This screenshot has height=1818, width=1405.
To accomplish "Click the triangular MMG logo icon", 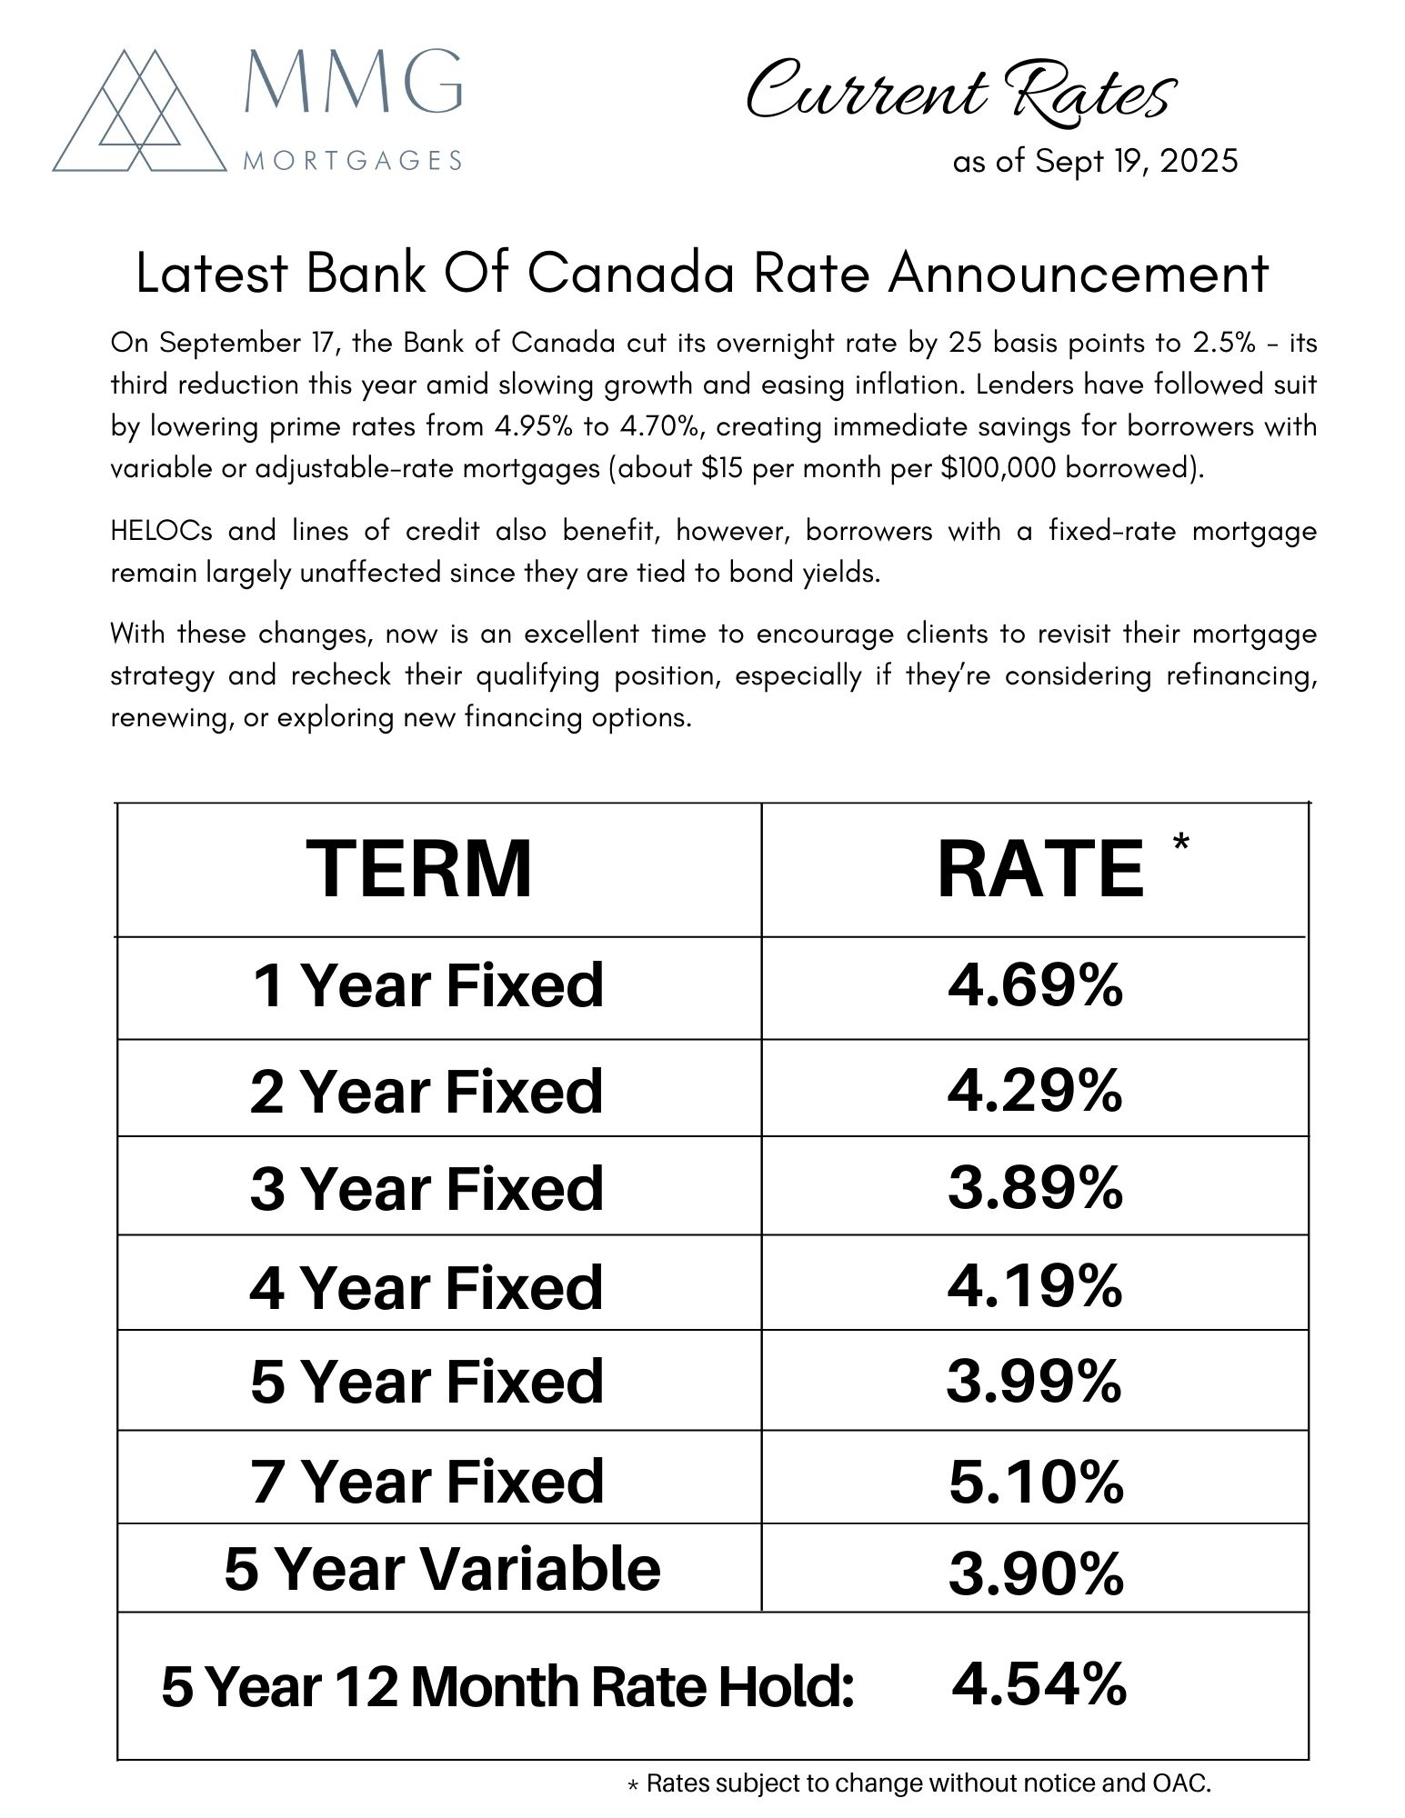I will pyautogui.click(x=139, y=110).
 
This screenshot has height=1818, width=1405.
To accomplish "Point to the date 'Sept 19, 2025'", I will pyautogui.click(x=1136, y=161).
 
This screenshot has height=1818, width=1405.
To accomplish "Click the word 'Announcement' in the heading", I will pyautogui.click(x=1079, y=273).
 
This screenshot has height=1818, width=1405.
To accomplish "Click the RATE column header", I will pyautogui.click(x=1040, y=869).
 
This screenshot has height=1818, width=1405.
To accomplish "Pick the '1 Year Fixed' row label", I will pyautogui.click(x=427, y=985).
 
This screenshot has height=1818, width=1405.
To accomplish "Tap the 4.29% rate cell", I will pyautogui.click(x=1035, y=1090).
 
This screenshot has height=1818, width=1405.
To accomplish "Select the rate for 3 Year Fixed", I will pyautogui.click(x=1035, y=1187).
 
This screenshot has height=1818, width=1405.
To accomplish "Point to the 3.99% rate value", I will pyautogui.click(x=1034, y=1381).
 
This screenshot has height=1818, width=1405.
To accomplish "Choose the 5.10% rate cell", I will pyautogui.click(x=1036, y=1482).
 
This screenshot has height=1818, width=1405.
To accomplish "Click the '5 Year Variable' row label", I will pyautogui.click(x=442, y=1569).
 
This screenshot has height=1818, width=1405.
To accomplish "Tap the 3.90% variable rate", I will pyautogui.click(x=1036, y=1573).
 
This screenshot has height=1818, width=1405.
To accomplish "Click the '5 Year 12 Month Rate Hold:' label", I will pyautogui.click(x=507, y=1687).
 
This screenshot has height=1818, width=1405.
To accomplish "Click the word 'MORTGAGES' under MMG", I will pyautogui.click(x=354, y=162).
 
